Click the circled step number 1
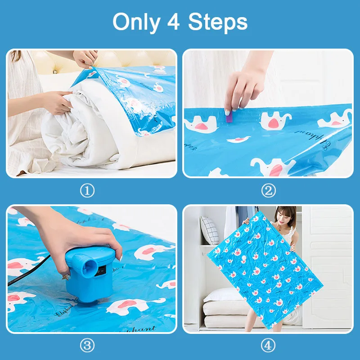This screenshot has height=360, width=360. [x=87, y=191]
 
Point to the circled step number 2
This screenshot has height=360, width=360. [x=269, y=191]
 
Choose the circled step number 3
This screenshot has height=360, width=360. [x=87, y=346]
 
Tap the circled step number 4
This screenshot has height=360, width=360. [x=269, y=346]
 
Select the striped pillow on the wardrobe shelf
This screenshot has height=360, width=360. [x=209, y=229]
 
